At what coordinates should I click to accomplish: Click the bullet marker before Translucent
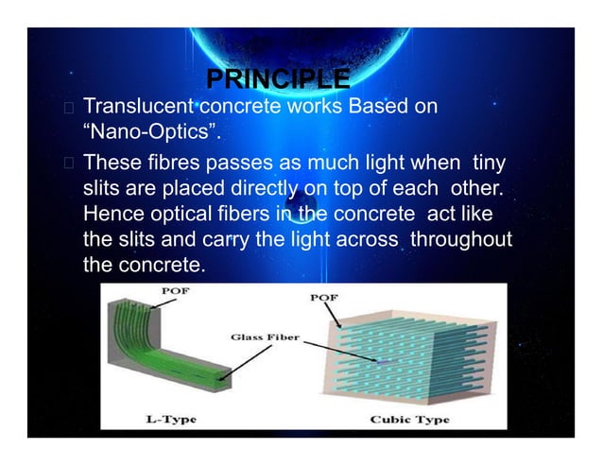[70, 106]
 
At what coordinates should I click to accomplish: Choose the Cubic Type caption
[411, 418]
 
